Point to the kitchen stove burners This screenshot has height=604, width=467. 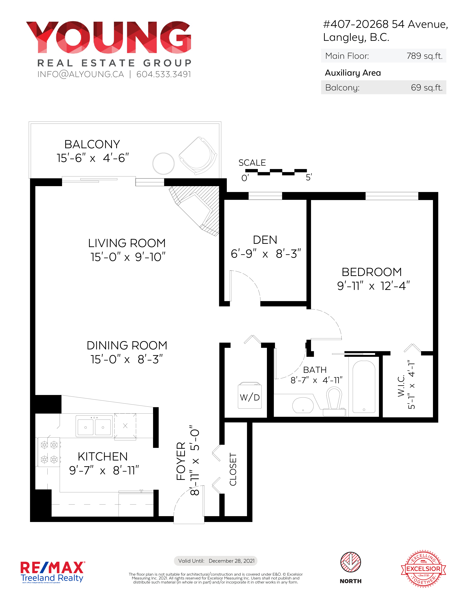click(49, 452)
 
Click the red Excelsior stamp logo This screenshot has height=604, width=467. click(423, 569)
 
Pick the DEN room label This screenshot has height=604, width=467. click(265, 240)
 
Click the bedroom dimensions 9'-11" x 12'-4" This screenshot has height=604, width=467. click(373, 286)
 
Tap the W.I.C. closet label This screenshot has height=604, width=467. click(401, 386)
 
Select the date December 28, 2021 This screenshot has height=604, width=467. click(232, 561)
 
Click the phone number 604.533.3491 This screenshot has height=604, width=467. click(164, 74)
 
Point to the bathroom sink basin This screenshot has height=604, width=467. click(303, 405)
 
